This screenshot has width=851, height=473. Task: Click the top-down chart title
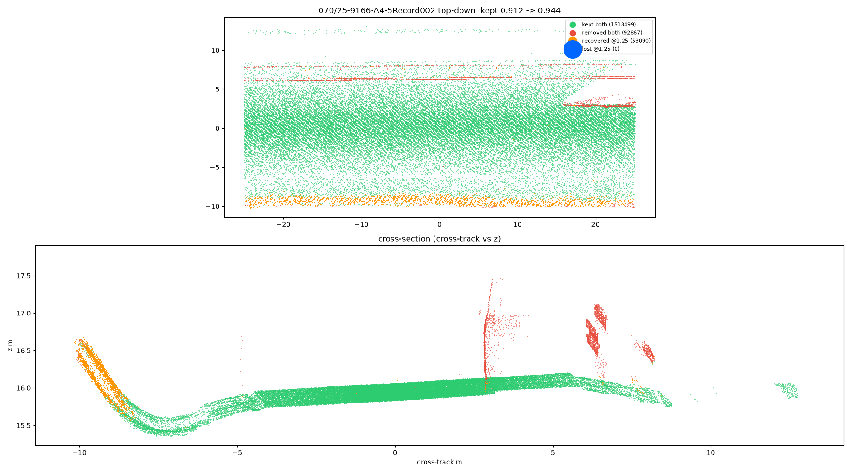point(440,10)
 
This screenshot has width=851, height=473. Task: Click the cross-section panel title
point(440,239)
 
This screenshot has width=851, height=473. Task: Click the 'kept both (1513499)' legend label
point(609,25)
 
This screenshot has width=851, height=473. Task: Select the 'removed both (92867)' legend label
point(612,33)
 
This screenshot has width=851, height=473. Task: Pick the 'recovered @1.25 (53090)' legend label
point(616,41)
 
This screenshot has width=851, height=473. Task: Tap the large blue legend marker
point(573,49)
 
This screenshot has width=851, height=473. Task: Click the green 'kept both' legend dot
point(573,25)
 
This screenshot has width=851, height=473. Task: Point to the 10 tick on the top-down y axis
point(215,51)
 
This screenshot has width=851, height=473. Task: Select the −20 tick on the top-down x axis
point(283,225)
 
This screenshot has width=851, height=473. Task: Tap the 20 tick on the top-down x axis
point(596,225)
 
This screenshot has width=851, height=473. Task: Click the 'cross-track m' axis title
point(440,462)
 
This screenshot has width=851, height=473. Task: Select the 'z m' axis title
point(10,345)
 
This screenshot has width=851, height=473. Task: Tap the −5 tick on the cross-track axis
point(237,453)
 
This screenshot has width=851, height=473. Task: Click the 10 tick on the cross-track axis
point(711,453)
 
